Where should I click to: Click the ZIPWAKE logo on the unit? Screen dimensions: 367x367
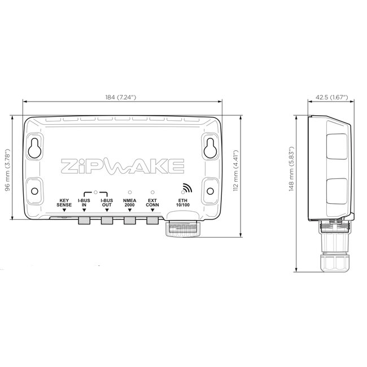122,167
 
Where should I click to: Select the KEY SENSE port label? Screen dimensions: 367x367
64,203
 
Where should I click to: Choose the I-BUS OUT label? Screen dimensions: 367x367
106,203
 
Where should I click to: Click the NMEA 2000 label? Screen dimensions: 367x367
129,203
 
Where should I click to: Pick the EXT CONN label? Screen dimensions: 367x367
152,203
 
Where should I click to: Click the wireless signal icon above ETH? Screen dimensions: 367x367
185,189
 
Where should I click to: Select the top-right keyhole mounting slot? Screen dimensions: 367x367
211,147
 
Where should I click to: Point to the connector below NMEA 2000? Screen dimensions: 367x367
129,220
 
